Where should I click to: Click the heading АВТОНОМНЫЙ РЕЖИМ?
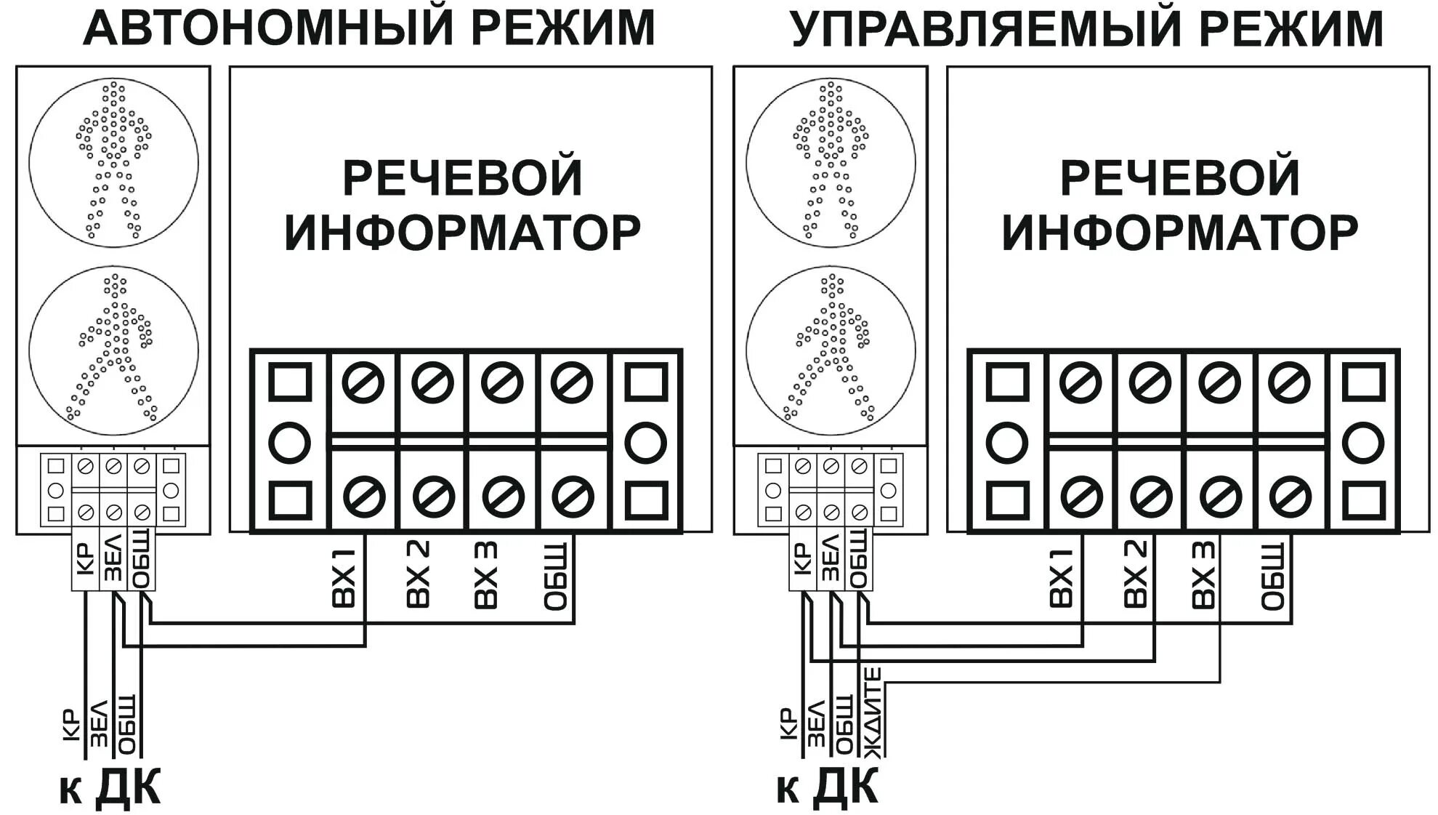(369, 29)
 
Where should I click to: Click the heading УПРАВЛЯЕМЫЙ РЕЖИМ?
(1087, 29)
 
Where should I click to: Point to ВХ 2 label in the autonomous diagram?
(418, 574)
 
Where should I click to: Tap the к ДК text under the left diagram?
(110, 787)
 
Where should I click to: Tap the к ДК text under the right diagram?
(828, 787)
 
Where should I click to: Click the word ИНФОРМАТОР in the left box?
(462, 233)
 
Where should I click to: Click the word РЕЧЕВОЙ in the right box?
(1180, 178)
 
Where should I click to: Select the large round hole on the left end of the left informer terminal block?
(290, 442)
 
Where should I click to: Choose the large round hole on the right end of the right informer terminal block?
(1362, 442)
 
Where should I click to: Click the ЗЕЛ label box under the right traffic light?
(831, 561)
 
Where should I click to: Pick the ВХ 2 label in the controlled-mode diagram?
(1135, 574)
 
